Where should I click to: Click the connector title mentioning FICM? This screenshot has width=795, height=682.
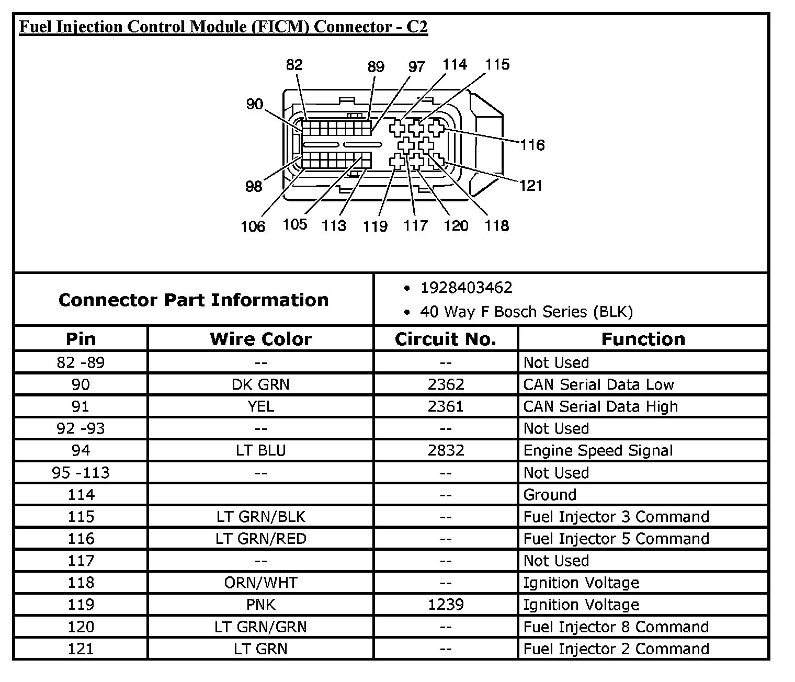(x=223, y=27)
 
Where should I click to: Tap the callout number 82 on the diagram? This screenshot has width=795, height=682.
(x=294, y=65)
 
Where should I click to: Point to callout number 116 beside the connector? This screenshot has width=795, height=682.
(x=532, y=145)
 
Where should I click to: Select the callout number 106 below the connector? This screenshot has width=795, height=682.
(x=253, y=226)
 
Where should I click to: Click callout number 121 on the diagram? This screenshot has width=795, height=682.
(x=531, y=186)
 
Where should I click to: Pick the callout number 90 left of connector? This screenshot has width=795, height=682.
(x=255, y=105)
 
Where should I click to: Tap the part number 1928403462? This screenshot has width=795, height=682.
(x=467, y=288)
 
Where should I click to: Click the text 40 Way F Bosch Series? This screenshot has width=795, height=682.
(x=526, y=312)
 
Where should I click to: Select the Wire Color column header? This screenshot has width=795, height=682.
(x=261, y=339)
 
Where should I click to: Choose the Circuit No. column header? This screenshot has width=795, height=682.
(x=446, y=339)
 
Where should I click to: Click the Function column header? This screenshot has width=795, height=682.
(x=643, y=339)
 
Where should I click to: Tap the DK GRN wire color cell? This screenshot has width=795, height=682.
(x=260, y=384)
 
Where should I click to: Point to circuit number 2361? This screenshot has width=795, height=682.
(x=446, y=406)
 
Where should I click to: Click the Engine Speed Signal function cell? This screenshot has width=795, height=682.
(x=598, y=450)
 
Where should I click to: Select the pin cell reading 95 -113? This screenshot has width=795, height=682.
(x=81, y=473)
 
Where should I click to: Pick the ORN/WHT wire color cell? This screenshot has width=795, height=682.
(x=260, y=583)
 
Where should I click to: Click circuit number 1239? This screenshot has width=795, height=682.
(x=446, y=605)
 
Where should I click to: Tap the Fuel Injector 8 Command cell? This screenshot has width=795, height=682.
(x=616, y=627)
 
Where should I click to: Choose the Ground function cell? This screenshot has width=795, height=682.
(x=550, y=495)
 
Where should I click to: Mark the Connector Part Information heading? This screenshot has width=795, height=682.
(x=194, y=300)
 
